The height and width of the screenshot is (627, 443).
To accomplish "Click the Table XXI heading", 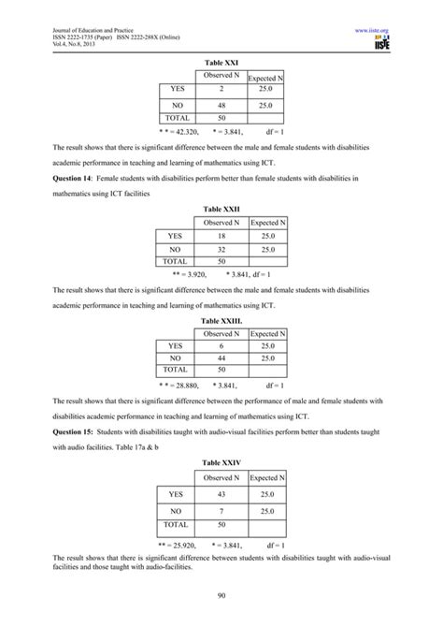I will pyautogui.click(x=221, y=62).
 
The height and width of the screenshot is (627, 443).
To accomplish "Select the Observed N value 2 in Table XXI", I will pyautogui.click(x=221, y=89).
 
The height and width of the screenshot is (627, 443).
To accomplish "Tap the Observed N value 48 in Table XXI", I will pyautogui.click(x=221, y=107).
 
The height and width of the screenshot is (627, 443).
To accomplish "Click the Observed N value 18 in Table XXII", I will pyautogui.click(x=221, y=238).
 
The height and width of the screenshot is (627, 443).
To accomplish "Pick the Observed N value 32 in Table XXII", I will pyautogui.click(x=221, y=251).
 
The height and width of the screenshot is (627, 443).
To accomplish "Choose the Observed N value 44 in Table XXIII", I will pyautogui.click(x=221, y=358).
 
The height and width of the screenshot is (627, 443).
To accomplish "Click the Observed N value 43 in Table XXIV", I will pyautogui.click(x=221, y=494).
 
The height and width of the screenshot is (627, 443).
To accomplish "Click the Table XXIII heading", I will pyautogui.click(x=221, y=319).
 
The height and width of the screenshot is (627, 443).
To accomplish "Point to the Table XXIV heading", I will pyautogui.click(x=221, y=461).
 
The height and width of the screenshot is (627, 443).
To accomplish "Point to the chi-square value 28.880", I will pyautogui.click(x=187, y=385).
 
